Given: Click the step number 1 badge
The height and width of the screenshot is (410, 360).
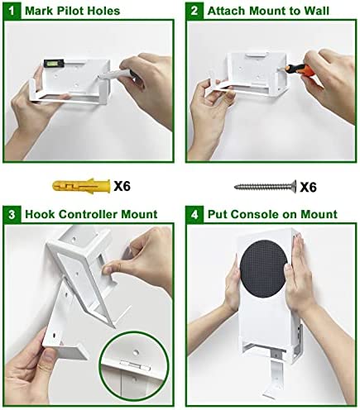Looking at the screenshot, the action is click(x=12, y=11).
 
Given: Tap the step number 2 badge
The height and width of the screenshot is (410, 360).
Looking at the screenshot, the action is click(x=194, y=11).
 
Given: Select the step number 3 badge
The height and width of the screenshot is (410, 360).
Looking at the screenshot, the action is click(x=12, y=214).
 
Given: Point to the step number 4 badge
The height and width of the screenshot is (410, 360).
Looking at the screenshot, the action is click(x=194, y=214).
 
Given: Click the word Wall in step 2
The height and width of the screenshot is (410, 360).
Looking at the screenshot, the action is click(x=316, y=11).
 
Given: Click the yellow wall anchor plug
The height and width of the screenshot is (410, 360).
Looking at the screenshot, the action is click(x=81, y=186).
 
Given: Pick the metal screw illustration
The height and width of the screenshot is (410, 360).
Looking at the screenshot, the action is click(x=265, y=187).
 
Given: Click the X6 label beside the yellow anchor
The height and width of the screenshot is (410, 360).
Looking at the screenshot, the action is click(x=122, y=186).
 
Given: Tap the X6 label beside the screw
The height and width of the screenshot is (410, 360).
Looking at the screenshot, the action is click(x=308, y=187).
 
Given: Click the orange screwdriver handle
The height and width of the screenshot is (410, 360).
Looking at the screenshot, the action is click(x=300, y=69).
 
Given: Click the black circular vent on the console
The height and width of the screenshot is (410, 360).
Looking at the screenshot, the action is click(x=263, y=269).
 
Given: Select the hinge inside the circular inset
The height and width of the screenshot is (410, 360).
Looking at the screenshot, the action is click(x=135, y=365).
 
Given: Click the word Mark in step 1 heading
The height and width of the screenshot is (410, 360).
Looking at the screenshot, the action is click(x=40, y=11).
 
